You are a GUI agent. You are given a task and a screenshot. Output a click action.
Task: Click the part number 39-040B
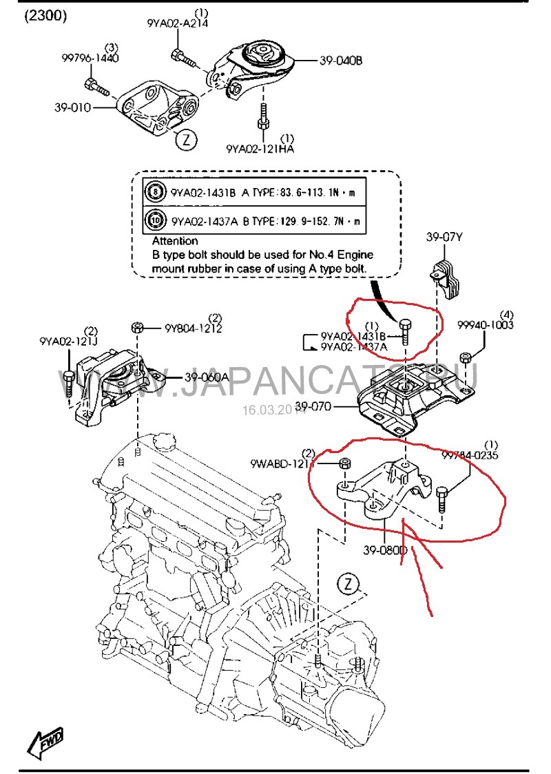click(340, 61)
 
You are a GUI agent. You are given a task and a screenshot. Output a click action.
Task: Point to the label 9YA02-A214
click(177, 23)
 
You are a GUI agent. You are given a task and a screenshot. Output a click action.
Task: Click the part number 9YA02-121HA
click(260, 148)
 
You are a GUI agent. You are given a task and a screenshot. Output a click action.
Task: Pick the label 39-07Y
click(444, 238)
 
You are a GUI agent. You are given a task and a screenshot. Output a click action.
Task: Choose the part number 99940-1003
click(486, 325)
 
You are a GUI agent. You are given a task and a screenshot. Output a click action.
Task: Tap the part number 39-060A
click(207, 377)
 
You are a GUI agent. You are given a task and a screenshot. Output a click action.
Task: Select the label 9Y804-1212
click(193, 328)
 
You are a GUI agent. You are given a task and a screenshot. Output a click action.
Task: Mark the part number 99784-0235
click(470, 455)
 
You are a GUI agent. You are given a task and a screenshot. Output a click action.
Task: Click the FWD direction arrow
click(45, 741)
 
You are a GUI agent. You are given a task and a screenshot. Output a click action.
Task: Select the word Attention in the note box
click(175, 241)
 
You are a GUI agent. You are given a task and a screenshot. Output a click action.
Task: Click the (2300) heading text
click(46, 16)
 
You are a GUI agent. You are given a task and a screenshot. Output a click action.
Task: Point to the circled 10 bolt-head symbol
click(155, 220)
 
